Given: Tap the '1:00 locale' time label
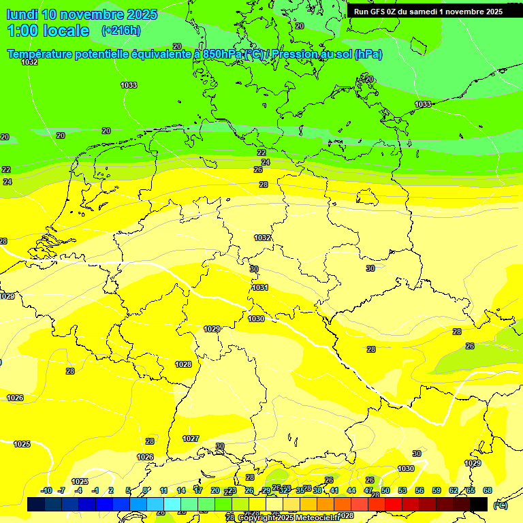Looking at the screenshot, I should (48, 31).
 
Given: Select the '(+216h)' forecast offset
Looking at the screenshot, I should (121, 31).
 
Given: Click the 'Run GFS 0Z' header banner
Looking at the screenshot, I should (428, 12).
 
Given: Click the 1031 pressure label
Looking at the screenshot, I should (260, 287).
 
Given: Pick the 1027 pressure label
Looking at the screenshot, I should (191, 439).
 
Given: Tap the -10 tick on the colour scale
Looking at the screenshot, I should (46, 490).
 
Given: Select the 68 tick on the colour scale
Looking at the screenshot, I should (488, 490).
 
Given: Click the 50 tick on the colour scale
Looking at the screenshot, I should (385, 490).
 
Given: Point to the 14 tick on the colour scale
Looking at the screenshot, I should (181, 490).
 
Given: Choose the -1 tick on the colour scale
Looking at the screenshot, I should (95, 490).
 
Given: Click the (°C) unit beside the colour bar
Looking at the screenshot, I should (501, 505).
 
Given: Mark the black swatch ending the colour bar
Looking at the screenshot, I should (479, 505).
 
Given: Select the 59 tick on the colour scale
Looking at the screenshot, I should (437, 490).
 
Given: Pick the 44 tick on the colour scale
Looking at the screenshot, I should (351, 490).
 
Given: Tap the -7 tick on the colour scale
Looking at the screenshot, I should (61, 490).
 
